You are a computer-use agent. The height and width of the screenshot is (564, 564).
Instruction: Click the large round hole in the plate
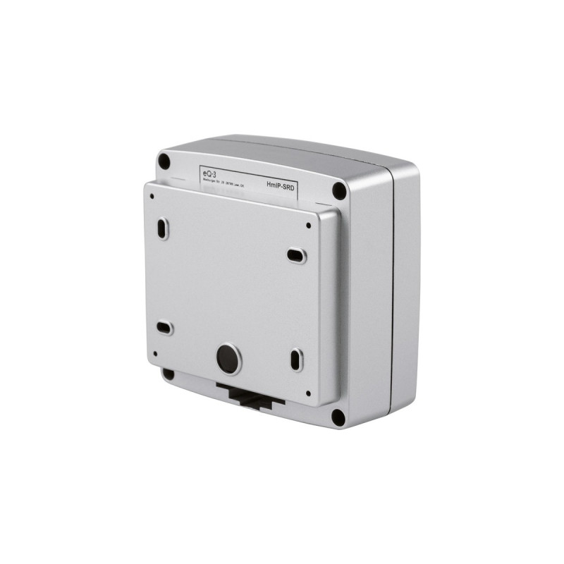[227, 360]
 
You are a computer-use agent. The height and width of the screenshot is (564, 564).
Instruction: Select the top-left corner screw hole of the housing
[164, 161]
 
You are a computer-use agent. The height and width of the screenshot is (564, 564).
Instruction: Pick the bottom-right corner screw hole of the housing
[338, 417]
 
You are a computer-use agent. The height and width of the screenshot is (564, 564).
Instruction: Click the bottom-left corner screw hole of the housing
[168, 374]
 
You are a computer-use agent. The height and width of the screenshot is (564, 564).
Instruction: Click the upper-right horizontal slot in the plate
[297, 255]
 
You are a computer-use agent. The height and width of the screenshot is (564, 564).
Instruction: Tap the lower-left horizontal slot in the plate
[164, 327]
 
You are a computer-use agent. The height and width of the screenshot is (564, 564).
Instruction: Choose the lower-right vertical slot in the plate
[296, 360]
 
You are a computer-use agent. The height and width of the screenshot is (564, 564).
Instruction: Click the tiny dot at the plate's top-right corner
[309, 226]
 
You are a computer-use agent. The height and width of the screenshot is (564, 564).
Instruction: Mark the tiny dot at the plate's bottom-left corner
[154, 354]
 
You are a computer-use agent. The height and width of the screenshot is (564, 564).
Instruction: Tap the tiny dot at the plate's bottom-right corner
[308, 393]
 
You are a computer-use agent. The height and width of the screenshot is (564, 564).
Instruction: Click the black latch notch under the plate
[250, 396]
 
